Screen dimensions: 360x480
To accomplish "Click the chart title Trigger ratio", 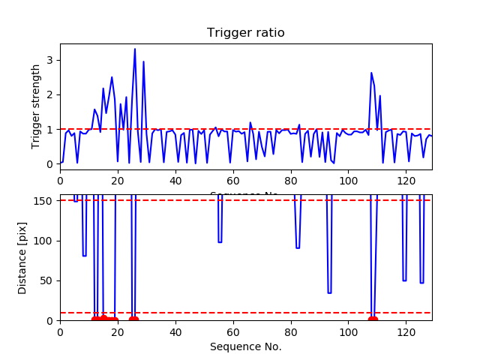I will pos(245,33).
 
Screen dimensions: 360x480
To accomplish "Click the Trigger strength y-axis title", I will pos(36,106).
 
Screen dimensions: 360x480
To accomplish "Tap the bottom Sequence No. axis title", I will pos(245,346).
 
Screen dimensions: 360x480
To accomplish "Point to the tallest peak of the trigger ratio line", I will pos(135,49).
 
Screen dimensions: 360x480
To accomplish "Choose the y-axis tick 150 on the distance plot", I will pos(46,200).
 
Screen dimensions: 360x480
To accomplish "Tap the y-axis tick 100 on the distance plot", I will pos(46,241).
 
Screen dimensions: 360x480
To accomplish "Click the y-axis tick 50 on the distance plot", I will pos(49,280).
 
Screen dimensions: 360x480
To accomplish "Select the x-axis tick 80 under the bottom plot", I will pos(291,332).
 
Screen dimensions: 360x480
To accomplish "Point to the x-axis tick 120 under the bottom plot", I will pos(406,332).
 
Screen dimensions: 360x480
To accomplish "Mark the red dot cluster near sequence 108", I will pos(373,320).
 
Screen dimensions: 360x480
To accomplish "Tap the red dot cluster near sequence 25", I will pos(133,320).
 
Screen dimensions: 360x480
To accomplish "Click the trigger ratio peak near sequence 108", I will pos(371,73).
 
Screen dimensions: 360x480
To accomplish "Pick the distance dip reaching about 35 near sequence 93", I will pos(329,292).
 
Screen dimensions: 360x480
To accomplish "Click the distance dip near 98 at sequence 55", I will pos(220,241).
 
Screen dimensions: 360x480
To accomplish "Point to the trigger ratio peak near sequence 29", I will pos(143,61).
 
